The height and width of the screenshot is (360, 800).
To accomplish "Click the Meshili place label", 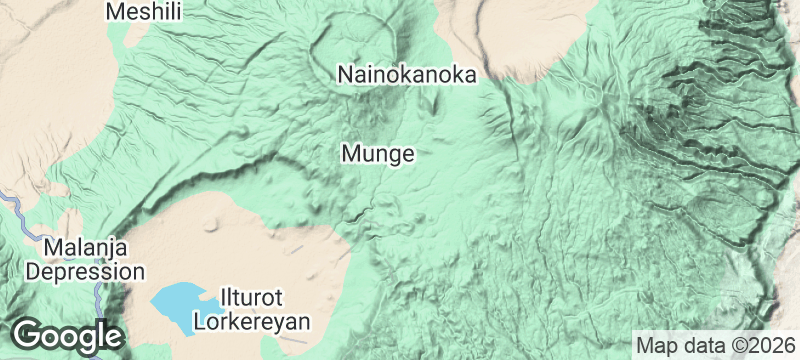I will click(144, 12).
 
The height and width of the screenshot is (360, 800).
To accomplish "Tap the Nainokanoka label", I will click(405, 75).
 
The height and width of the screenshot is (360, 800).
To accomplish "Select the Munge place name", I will click(377, 154).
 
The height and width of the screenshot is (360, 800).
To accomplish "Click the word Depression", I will click(85, 271).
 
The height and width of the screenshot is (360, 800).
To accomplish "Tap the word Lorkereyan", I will click(253, 322).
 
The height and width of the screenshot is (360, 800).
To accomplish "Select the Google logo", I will click(66, 335).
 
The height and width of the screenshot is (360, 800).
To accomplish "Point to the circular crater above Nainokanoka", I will click(352, 44).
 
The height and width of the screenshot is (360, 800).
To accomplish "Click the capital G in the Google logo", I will click(28, 335).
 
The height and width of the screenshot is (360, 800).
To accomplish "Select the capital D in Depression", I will click(34, 271).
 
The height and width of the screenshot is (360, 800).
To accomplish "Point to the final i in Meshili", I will click(180, 12).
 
